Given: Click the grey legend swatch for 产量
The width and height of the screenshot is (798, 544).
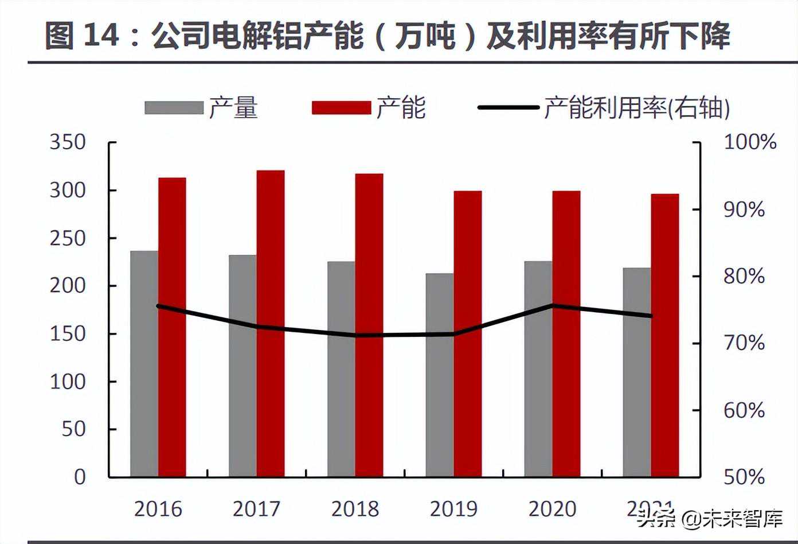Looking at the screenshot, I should click(174, 108).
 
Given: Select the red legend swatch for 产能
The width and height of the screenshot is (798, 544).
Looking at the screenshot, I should click(341, 108).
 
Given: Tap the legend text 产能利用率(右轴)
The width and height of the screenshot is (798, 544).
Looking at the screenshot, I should click(636, 108).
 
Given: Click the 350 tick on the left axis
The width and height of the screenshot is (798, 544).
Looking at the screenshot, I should click(68, 142).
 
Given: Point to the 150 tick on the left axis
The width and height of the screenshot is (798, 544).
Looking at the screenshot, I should click(68, 333).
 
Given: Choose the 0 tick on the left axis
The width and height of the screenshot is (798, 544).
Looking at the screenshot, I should click(80, 477).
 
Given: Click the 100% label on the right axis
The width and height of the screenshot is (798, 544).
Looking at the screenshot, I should click(750, 142).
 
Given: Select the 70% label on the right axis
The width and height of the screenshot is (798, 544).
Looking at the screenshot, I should click(744, 343).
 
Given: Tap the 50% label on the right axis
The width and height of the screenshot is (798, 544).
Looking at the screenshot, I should click(744, 477).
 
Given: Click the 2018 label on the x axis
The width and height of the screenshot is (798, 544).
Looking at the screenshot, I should click(355, 509).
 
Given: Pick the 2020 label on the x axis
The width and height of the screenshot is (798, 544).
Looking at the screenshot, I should click(552, 509).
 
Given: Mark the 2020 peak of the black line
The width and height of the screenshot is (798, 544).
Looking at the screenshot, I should click(552, 305).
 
